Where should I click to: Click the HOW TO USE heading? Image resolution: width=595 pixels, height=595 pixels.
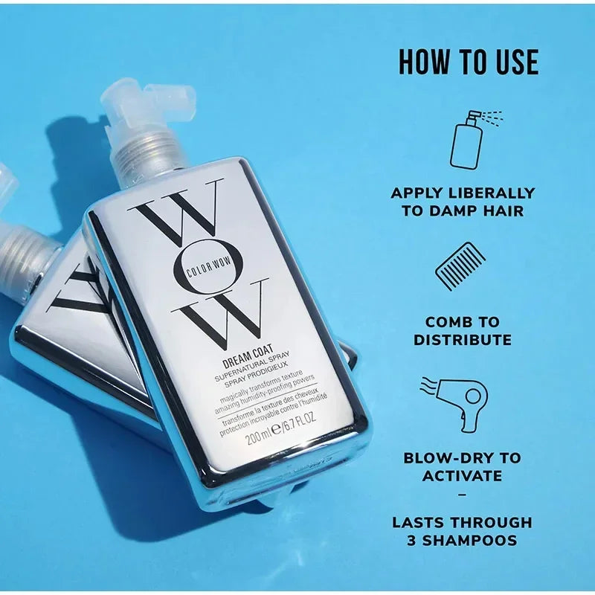pos(468,63)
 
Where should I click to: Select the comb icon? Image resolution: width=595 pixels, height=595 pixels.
pos(460,266)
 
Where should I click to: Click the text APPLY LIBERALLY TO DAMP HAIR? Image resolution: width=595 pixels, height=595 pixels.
pos(463,202)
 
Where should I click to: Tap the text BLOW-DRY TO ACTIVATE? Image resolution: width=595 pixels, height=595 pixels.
pos(462,466)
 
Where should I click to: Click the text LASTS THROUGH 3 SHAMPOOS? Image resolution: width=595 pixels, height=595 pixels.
pos(462,531)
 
